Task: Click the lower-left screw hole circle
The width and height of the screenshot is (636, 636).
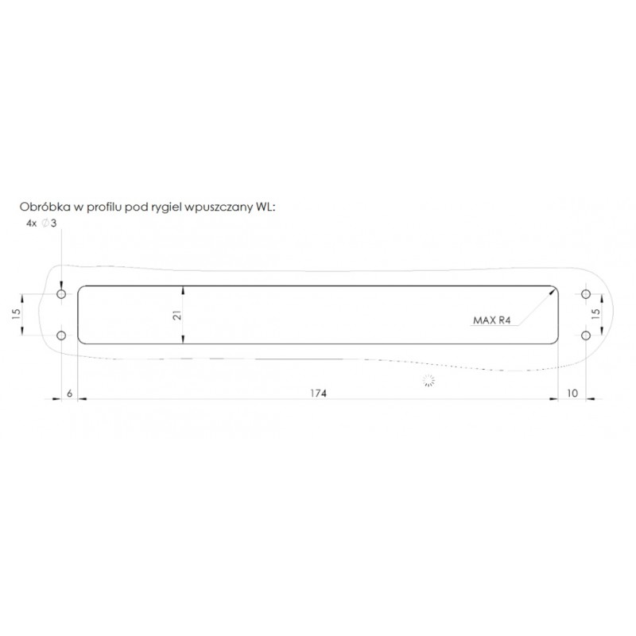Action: click(x=61, y=335)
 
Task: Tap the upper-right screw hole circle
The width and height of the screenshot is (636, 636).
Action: click(x=586, y=293)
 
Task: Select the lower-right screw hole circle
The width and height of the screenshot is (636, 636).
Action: click(x=586, y=335)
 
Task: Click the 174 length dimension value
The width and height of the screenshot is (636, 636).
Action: click(x=319, y=393)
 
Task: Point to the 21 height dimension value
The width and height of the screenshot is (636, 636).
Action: click(x=177, y=315)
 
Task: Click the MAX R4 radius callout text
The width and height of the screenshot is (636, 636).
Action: click(x=491, y=320)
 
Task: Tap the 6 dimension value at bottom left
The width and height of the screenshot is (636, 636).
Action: click(x=69, y=393)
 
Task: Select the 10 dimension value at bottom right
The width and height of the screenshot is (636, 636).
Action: click(x=572, y=393)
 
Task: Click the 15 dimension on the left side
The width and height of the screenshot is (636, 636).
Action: click(x=16, y=314)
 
